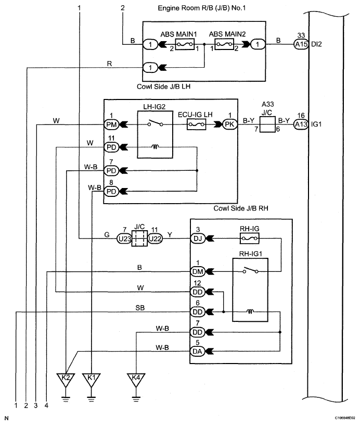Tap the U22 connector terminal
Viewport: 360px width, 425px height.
click(x=155, y=238)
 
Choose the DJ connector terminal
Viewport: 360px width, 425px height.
click(x=198, y=238)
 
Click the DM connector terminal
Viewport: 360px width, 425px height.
click(x=198, y=271)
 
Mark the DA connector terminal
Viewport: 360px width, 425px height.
click(x=198, y=351)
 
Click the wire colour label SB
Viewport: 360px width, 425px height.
click(x=139, y=308)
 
